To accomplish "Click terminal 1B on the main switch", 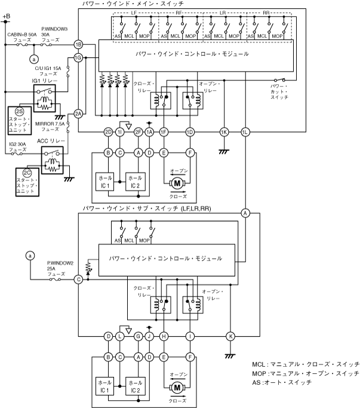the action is coord(78,45).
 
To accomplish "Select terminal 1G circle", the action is coord(78,58).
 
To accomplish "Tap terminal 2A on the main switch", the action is coord(78,114).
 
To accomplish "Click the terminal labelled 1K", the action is coord(224,132).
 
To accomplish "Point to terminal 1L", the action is coord(245,132).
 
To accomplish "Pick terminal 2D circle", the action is coord(108,132).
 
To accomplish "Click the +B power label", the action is coord(6,16).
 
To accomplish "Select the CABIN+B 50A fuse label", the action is coord(22,37).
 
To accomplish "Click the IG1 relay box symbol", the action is coord(45,99).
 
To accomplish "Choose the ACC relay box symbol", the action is coord(52,160).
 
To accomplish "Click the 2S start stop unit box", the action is coord(20,120).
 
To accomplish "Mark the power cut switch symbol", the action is coord(279,80).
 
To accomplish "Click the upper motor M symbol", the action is coord(177,183).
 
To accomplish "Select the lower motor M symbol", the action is coord(177,388).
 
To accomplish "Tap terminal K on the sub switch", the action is coord(230,336).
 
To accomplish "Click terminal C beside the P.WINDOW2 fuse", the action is coord(78,280).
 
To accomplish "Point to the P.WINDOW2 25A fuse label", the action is coord(60,269).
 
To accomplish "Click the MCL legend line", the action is coord(306,364).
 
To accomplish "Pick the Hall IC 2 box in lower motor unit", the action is coord(136,386).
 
